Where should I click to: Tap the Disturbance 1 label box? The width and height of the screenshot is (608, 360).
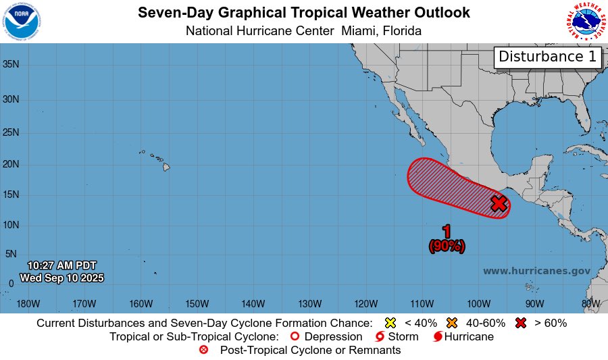[x=548, y=57]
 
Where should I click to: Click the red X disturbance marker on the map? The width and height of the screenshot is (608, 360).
[x=499, y=203]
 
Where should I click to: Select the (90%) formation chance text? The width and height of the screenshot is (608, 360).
[x=447, y=247]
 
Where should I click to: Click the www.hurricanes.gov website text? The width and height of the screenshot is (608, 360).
[x=536, y=271]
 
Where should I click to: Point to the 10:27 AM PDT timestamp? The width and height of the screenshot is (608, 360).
[x=62, y=265]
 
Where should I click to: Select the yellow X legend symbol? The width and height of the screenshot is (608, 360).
[x=389, y=323]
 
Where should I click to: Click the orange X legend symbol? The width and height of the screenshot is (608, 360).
[x=452, y=323]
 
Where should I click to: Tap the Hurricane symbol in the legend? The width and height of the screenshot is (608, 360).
[x=438, y=336]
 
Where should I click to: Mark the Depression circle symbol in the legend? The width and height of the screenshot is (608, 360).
[x=294, y=336]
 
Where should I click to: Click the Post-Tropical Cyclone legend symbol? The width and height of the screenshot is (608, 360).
[x=204, y=350]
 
